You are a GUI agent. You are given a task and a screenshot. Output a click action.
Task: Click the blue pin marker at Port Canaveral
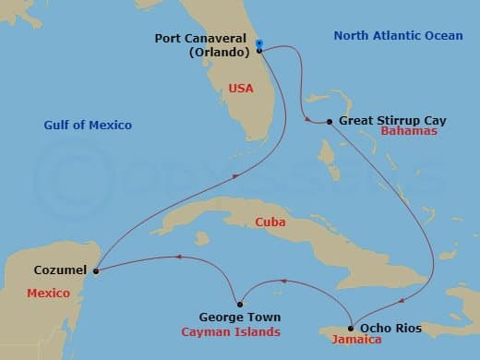259,44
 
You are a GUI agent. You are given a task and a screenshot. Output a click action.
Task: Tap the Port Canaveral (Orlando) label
208,45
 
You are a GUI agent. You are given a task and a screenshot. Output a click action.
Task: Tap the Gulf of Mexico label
88,125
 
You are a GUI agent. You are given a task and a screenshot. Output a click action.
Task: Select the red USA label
240,89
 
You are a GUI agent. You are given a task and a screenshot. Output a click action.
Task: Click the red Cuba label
272,222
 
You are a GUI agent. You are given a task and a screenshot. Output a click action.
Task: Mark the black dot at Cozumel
96,270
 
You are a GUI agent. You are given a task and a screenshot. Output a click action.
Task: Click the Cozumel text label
61,270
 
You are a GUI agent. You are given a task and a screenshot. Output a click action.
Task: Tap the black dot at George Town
239,304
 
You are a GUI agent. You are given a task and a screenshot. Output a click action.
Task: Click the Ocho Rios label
385,328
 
